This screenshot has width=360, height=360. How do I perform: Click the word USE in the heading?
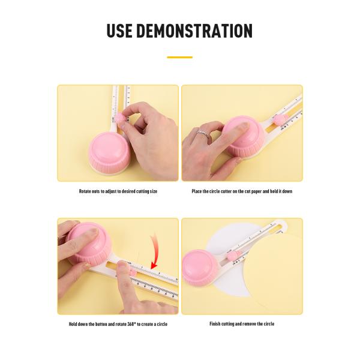coord(119,31)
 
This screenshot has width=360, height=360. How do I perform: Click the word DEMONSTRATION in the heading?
coord(194,31)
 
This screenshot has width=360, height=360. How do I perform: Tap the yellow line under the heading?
coord(180,57)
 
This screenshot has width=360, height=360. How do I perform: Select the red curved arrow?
coord(155,250)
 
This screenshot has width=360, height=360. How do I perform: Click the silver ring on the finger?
coord(203,134)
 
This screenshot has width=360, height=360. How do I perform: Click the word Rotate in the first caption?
coord(85,191)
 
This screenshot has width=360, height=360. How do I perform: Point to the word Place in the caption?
coord(197,191)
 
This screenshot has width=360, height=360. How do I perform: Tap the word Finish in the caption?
coord(215,324)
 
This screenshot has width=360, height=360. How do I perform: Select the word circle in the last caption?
coord(269,324)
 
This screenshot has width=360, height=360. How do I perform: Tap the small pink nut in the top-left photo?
coord(121,119)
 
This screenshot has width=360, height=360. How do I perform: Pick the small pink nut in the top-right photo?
coord(280,121)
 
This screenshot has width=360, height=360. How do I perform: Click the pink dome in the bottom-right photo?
coord(200,266)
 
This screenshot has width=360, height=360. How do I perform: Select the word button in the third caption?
coord(101,324)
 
